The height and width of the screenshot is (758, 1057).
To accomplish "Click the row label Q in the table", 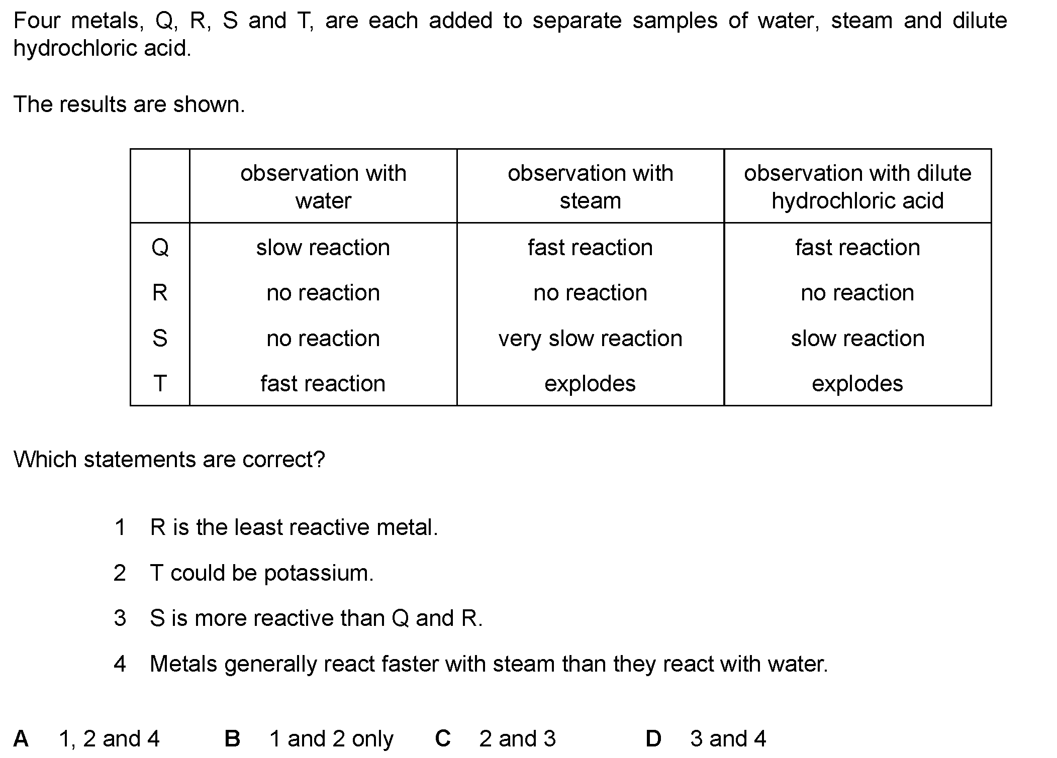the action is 160,248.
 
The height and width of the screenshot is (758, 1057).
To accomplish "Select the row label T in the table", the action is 160,384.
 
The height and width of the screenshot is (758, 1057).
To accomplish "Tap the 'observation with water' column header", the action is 323,187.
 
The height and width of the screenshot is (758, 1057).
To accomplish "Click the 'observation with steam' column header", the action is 591,187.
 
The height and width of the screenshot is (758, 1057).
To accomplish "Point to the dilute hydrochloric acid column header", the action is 857,187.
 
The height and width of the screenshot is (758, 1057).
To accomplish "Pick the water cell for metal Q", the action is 323,248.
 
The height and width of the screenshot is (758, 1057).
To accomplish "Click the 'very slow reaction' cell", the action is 591,339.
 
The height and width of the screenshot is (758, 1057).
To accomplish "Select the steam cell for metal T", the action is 590,384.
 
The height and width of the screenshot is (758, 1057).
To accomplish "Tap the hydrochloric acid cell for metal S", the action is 857,339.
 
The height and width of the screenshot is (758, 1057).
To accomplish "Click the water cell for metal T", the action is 323,384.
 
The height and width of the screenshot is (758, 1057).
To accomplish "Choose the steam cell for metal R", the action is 591,293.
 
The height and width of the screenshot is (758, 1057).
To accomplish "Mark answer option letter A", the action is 21,738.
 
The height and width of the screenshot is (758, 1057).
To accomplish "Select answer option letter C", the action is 443,738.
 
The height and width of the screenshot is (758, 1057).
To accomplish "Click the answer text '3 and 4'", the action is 728,738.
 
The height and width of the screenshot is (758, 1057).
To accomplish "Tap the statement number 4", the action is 120,664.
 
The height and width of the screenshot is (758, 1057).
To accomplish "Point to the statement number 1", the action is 120,527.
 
